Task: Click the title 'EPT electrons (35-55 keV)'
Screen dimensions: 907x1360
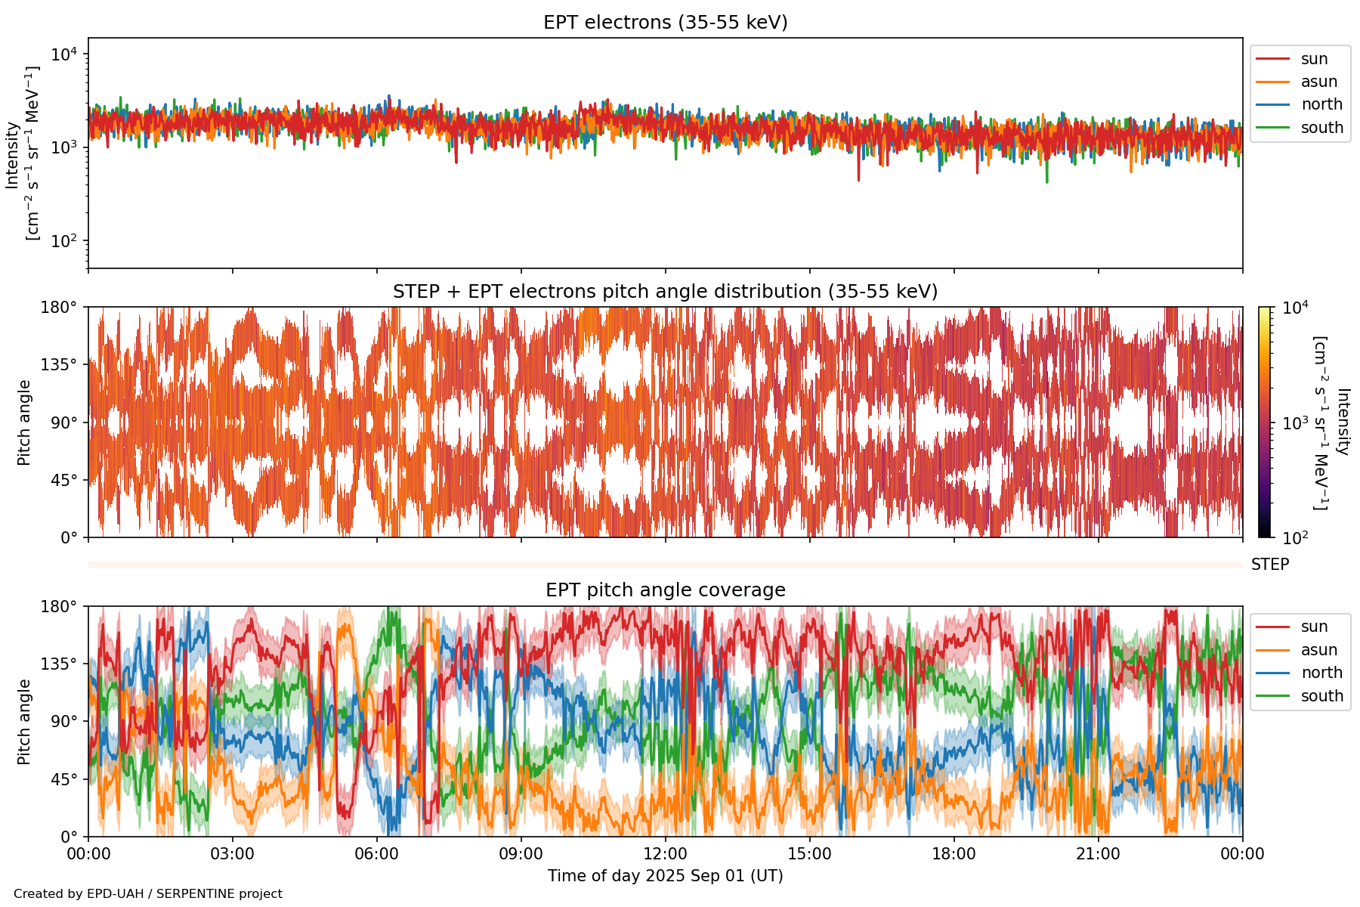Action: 665,23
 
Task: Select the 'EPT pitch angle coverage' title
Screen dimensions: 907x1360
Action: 665,590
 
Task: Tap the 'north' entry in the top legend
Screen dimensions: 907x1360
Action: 1321,104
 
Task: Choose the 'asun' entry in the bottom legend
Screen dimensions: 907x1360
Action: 1318,650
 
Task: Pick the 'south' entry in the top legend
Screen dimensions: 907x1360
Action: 1321,128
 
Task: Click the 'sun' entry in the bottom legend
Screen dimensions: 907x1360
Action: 1314,627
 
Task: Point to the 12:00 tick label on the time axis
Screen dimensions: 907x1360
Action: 665,854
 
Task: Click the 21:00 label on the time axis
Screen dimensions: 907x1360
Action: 1098,854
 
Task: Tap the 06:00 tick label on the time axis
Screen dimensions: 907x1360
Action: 376,854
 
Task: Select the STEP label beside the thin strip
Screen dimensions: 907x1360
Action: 1269,565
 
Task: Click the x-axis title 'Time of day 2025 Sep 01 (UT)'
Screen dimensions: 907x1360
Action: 665,876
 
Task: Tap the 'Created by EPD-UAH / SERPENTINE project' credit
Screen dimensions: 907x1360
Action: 148,894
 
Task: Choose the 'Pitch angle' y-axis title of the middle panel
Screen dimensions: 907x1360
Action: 24,423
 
